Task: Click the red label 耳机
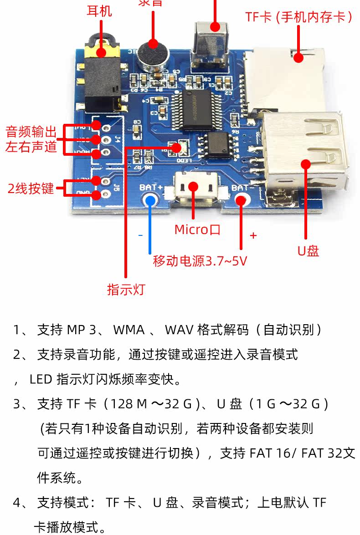99,10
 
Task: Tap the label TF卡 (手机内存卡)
298,17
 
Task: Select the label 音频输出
31,132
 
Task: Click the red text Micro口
197,229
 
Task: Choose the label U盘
308,251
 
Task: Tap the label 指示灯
125,290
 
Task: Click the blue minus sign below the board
140,235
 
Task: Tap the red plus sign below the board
253,235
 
